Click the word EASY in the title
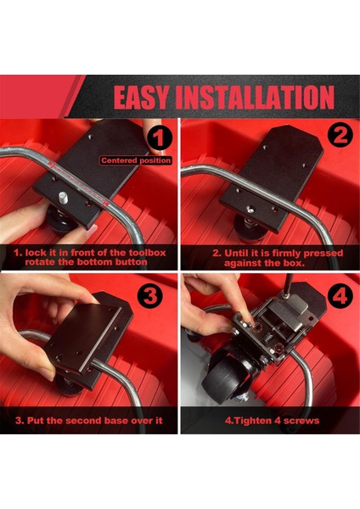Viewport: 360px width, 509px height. pyautogui.click(x=141, y=97)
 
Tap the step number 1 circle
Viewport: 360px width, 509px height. pyautogui.click(x=159, y=138)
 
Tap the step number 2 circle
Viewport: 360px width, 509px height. pyautogui.click(x=340, y=136)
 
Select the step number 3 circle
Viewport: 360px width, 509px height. pyautogui.click(x=150, y=296)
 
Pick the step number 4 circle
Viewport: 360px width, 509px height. pyautogui.click(x=340, y=296)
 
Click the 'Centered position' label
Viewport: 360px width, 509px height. pyautogui.click(x=136, y=160)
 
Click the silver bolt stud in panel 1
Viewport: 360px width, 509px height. pyautogui.click(x=63, y=198)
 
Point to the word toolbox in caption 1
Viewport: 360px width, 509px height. pyautogui.click(x=147, y=253)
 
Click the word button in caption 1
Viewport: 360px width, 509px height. pyautogui.click(x=131, y=262)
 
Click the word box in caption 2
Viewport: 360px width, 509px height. pyautogui.click(x=294, y=263)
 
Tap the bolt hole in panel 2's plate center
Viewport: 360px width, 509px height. pyautogui.click(x=250, y=210)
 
